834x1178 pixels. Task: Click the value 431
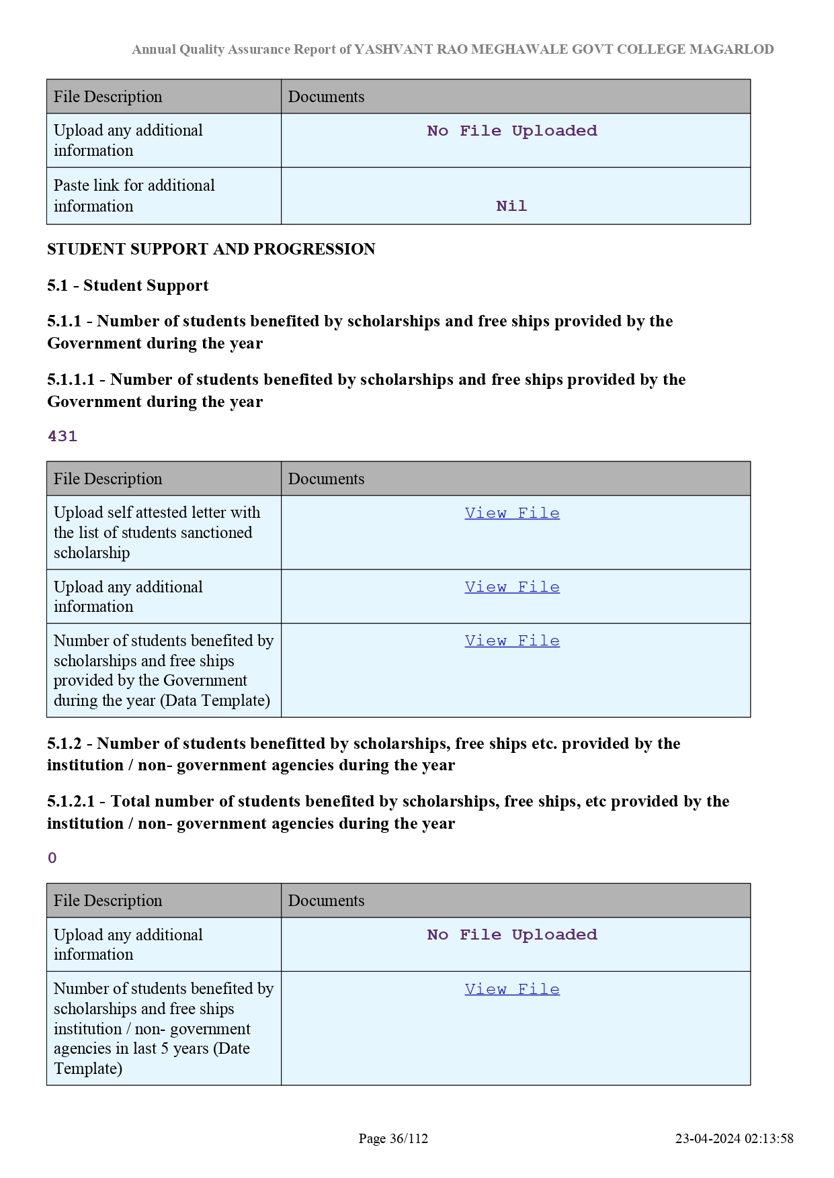62,437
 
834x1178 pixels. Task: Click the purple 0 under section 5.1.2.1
52,858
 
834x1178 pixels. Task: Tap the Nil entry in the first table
511,206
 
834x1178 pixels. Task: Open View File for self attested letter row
512,513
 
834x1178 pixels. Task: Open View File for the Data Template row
512,641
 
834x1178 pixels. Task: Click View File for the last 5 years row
512,989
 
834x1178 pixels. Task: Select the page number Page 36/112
393,1138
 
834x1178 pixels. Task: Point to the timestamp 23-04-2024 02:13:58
734,1138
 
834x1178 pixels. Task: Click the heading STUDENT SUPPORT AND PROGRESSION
211,249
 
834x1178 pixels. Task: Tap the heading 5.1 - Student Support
128,285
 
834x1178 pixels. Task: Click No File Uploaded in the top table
512,131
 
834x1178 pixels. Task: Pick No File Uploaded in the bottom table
512,935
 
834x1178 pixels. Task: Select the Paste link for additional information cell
134,195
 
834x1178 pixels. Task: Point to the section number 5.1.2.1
72,801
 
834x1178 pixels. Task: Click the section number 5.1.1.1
71,379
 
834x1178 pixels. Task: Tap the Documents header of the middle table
327,479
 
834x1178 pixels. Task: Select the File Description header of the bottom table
108,901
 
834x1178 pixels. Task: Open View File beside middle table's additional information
512,587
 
